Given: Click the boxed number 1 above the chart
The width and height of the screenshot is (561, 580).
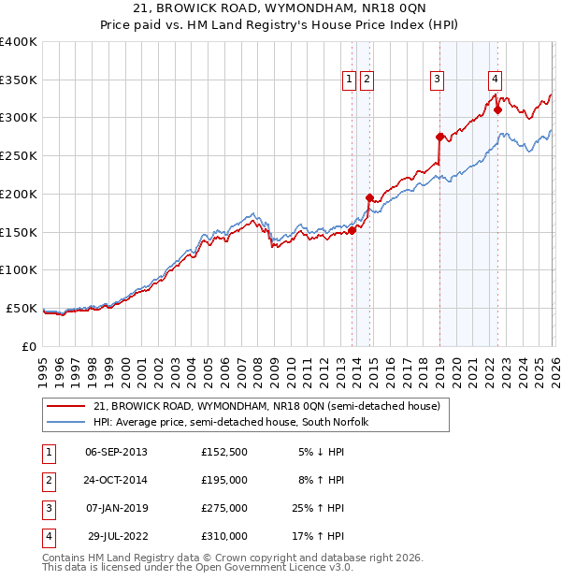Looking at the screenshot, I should [x=349, y=80].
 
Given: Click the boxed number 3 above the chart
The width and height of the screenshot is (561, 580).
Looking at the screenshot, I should [x=437, y=80].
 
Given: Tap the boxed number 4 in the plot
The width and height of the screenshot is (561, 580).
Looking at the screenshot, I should [x=495, y=80].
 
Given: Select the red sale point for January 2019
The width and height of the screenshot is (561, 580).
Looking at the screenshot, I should [x=439, y=137].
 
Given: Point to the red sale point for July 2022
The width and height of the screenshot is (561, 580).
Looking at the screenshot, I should [x=497, y=109].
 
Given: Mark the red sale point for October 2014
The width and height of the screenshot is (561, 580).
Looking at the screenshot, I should [x=369, y=197].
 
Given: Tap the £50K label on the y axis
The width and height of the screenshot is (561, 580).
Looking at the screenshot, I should [x=22, y=308].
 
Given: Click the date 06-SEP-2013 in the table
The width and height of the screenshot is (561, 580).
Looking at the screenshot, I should [x=116, y=452].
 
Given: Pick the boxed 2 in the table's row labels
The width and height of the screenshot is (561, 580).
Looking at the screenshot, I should [x=47, y=480].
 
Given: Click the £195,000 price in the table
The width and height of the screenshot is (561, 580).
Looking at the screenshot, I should [x=223, y=480].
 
